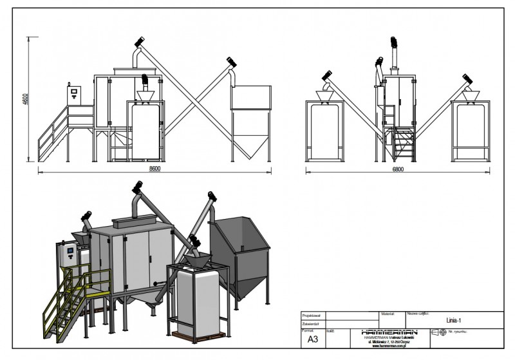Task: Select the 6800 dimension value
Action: coord(398,169)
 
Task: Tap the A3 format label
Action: coord(313,338)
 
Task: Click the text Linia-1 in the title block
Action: coord(454,319)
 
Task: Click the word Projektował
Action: coord(312,316)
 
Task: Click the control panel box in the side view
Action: coord(75,94)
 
